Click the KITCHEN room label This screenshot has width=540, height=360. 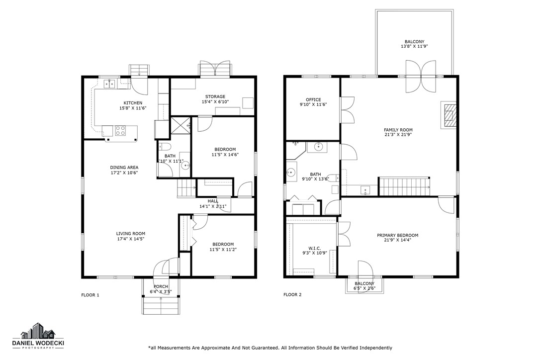133,103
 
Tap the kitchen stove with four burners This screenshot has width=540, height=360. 120,130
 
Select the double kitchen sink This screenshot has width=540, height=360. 109,84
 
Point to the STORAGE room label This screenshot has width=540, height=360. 215,96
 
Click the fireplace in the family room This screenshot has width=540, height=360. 450,115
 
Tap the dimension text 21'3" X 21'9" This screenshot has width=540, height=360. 398,135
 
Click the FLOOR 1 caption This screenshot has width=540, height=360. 90,295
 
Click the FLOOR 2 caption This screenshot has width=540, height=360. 293,295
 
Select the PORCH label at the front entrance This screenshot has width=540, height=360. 161,286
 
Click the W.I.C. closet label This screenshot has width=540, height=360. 314,248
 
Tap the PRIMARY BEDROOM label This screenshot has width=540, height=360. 397,235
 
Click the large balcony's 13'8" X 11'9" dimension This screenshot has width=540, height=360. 414,46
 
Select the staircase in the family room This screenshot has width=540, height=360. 404,186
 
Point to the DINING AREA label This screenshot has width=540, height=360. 124,167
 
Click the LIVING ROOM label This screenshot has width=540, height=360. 131,234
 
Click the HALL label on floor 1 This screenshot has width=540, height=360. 213,201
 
